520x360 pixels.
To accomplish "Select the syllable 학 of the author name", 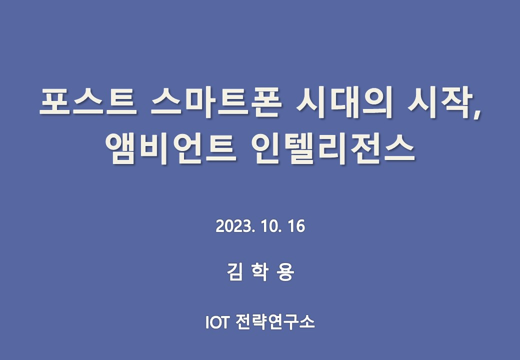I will (x=260, y=272).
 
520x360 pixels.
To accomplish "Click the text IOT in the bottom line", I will (x=216, y=321).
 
